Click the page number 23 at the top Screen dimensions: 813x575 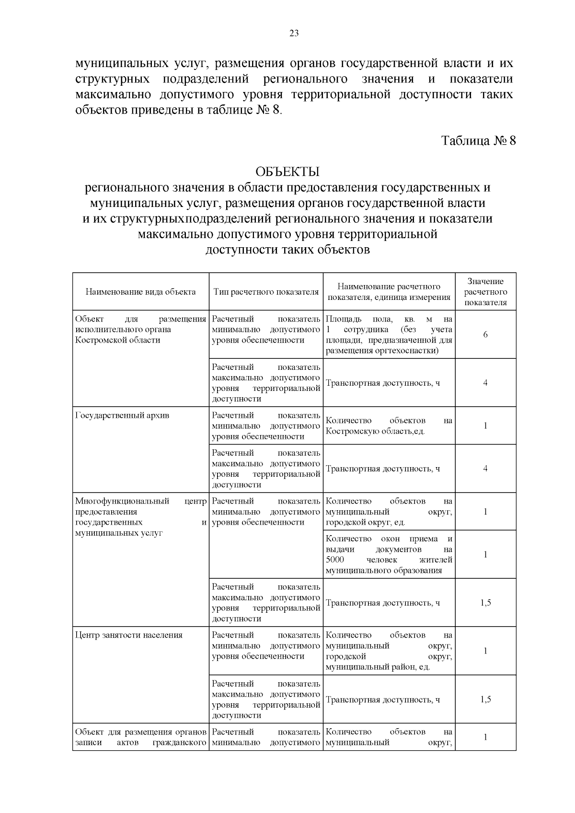294,33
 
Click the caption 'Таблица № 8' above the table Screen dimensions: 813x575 478,141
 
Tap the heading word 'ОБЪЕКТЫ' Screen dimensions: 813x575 287,172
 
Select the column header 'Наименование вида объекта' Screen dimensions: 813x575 140,292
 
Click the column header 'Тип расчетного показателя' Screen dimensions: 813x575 266,292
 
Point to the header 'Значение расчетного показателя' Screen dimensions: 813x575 485,292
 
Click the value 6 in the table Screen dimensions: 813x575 485,334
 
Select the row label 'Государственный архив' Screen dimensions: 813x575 122,415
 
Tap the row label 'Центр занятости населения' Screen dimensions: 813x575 129,635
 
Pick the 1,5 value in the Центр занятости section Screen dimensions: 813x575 485,699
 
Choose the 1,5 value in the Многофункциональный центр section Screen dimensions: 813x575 485,603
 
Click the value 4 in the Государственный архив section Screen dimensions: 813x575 485,469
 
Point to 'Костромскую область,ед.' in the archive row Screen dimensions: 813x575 375,431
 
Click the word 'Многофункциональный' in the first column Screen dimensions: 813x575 122,502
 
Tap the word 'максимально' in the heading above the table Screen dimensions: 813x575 175,235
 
